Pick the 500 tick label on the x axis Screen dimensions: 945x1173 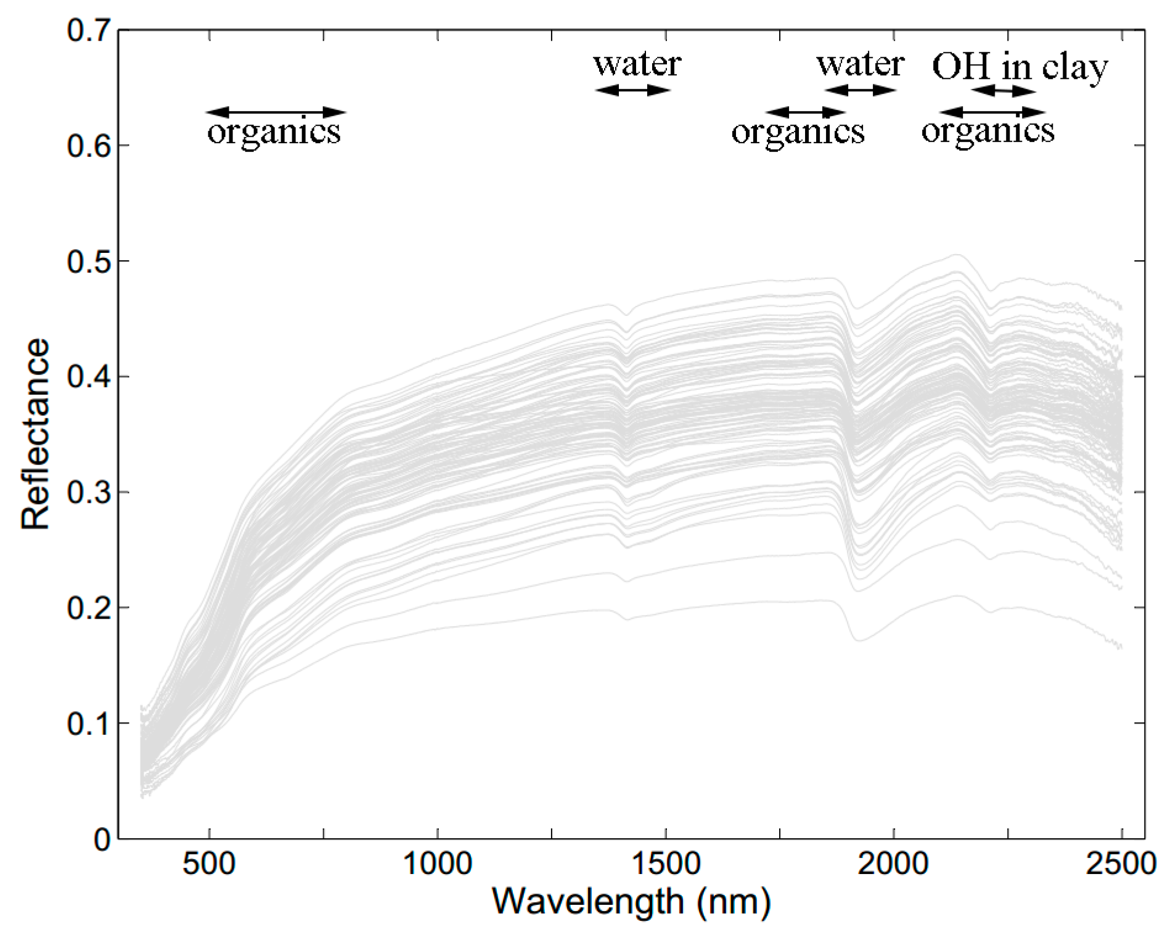point(209,864)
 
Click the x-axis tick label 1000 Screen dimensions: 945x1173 point(437,864)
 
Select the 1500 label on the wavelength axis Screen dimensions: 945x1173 point(666,864)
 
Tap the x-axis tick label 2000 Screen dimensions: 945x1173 point(894,864)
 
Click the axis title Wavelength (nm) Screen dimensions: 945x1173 point(631,902)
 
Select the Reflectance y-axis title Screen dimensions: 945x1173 point(35,434)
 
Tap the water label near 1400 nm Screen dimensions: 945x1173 point(637,64)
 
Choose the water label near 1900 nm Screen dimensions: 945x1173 point(860,64)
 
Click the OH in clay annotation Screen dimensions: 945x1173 point(1020,67)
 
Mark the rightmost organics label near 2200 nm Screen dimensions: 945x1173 point(987,131)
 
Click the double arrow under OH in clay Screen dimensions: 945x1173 point(1004,91)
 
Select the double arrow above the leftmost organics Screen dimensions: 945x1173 point(276,112)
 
